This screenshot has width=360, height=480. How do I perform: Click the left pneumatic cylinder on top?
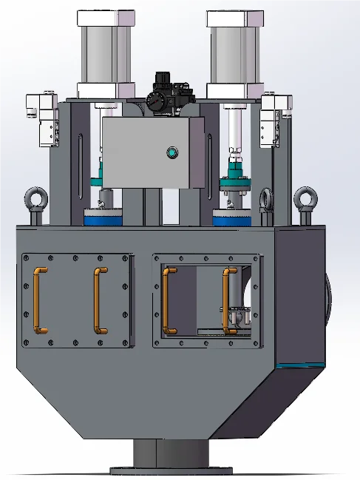tap(106, 52)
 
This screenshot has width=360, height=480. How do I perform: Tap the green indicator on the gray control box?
tap(173, 153)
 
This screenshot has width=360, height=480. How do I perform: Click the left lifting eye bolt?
tap(35, 200)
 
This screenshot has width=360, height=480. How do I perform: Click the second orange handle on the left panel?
tap(98, 300)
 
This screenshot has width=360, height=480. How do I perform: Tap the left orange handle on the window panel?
tap(169, 300)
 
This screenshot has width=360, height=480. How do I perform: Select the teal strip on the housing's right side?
tap(299, 365)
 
